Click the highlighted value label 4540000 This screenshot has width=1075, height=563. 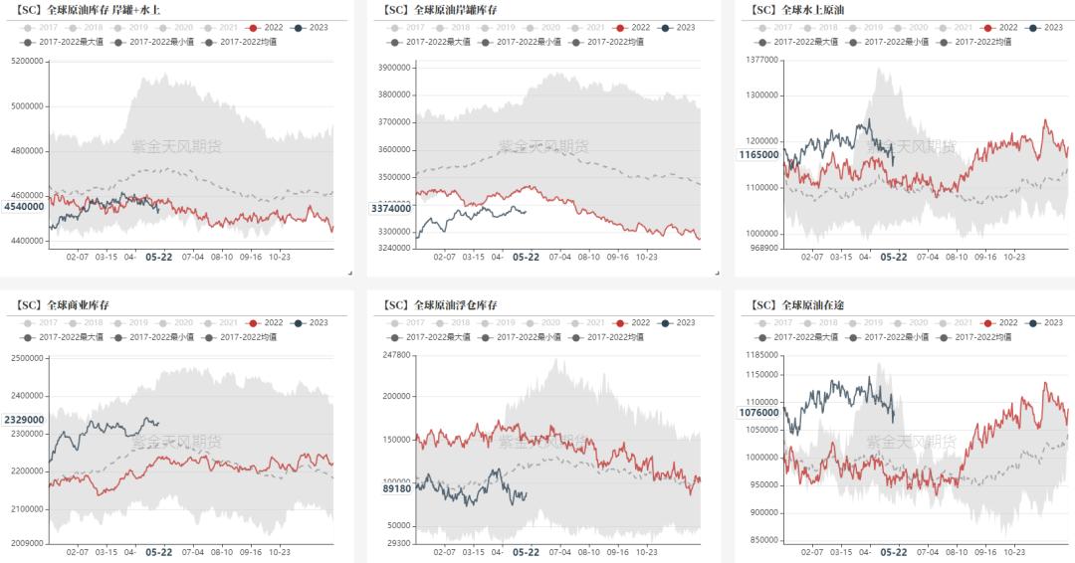(24, 206)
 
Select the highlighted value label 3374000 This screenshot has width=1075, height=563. (391, 208)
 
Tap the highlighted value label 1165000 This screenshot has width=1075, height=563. (758, 155)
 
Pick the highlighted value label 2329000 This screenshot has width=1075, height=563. (24, 420)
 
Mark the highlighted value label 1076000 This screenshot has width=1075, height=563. (758, 412)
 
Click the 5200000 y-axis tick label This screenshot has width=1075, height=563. (28, 61)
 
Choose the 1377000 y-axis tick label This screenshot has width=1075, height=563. (761, 61)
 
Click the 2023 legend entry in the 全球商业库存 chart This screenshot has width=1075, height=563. (313, 323)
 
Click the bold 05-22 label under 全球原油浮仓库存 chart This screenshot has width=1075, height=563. (526, 552)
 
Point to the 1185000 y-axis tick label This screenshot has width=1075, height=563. (761, 354)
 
